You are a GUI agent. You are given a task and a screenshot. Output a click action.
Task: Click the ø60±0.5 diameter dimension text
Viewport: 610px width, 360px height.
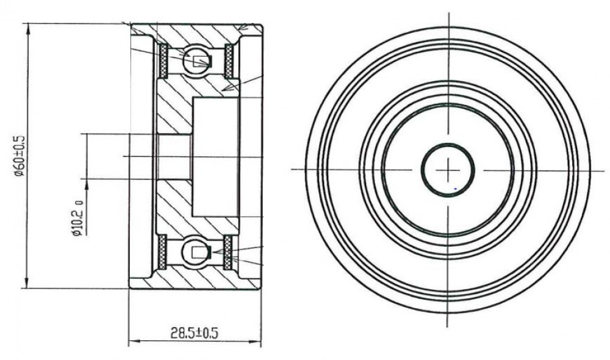tap(20, 156)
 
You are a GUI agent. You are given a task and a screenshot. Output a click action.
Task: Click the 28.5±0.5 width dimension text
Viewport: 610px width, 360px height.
tap(195, 333)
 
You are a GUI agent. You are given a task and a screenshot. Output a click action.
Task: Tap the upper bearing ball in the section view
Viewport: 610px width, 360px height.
tap(196, 59)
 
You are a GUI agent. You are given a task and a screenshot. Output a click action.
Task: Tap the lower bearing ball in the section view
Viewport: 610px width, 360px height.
tap(196, 253)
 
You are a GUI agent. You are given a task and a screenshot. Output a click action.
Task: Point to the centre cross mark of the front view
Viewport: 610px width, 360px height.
tap(448, 170)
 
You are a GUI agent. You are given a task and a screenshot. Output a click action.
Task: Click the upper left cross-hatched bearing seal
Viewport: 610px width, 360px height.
tap(163, 60)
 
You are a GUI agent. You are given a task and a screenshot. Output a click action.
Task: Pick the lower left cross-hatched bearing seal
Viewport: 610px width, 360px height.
tap(163, 253)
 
